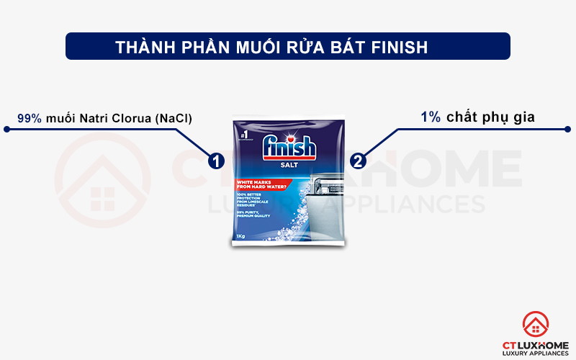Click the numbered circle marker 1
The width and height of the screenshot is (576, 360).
[215, 161]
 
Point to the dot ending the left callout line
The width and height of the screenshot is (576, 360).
[6, 130]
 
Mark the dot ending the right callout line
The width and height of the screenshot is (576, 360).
[570, 130]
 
